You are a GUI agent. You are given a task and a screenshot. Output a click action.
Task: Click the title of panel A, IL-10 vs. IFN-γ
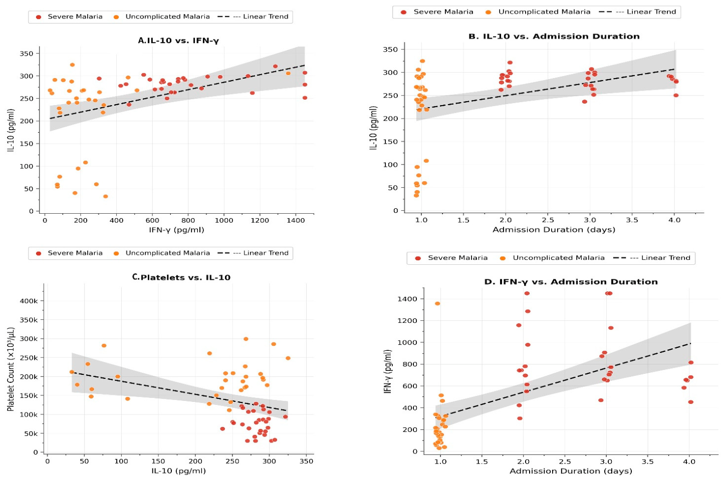click(178, 41)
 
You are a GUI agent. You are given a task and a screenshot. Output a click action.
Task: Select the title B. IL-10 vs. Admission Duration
click(554, 36)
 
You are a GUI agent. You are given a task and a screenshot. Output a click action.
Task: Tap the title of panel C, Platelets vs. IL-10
click(181, 277)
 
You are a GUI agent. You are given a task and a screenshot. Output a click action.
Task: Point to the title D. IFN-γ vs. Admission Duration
click(571, 282)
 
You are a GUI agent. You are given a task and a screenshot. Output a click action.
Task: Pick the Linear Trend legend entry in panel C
click(253, 253)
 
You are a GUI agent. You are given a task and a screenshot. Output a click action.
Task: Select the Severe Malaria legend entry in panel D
click(451, 258)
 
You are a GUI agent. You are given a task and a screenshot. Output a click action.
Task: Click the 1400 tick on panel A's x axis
click(296, 221)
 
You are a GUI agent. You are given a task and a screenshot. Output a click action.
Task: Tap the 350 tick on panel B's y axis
click(390, 50)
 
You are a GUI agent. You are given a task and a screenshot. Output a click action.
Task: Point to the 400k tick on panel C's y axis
click(29, 301)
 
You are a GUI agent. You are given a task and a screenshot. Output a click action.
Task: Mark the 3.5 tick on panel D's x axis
click(648, 461)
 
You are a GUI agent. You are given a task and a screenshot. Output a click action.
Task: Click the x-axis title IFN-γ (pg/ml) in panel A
click(176, 230)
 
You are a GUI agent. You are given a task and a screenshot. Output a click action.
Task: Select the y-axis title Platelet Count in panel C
click(11, 369)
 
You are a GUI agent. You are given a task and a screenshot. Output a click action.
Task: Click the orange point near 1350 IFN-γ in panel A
click(288, 74)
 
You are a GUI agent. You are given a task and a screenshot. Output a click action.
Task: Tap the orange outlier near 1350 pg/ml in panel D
click(437, 304)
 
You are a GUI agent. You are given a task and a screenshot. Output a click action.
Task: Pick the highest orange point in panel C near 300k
click(246, 339)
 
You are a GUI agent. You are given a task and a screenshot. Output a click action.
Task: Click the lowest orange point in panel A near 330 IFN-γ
click(105, 196)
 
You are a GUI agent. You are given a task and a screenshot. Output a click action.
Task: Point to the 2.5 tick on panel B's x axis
click(548, 221)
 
